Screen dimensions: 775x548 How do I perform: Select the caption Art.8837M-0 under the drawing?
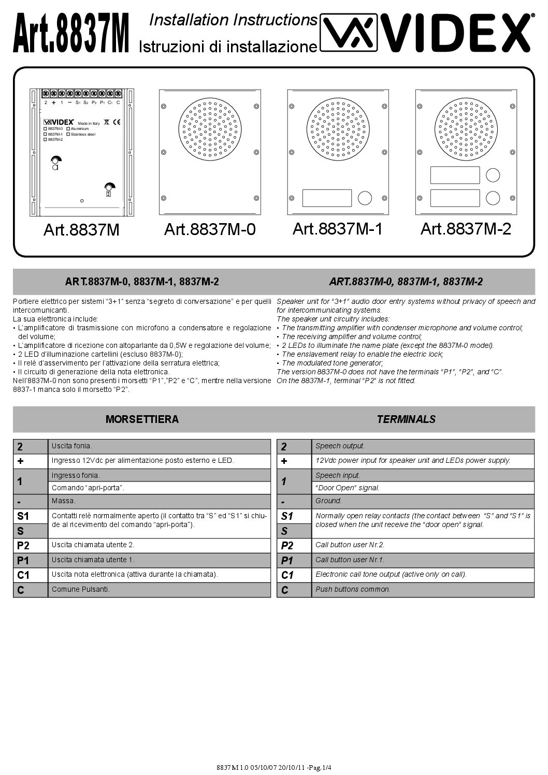click(210, 229)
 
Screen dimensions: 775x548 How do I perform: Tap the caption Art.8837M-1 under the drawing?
click(338, 228)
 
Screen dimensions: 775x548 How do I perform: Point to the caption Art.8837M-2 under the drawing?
click(466, 228)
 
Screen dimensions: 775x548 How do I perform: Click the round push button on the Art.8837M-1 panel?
click(365, 198)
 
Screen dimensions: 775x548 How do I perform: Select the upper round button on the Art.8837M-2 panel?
click(493, 174)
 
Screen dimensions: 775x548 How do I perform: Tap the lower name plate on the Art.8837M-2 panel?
click(455, 198)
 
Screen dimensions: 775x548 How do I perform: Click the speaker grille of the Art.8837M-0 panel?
click(210, 131)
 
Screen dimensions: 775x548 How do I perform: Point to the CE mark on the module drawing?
click(117, 123)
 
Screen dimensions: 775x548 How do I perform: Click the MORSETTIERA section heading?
click(142, 419)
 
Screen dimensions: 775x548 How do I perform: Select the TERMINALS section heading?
click(406, 419)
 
